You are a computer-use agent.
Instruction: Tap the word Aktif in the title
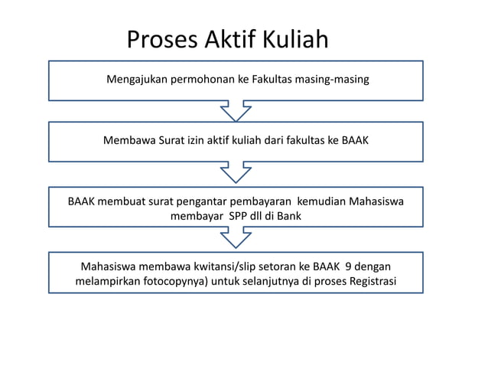(233, 39)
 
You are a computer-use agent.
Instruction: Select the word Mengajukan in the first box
(138, 79)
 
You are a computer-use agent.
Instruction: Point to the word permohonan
(204, 79)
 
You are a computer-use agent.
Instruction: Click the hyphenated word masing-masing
(333, 79)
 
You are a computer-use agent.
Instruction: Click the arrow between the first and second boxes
(236, 110)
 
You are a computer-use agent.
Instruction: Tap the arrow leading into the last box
(236, 237)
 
